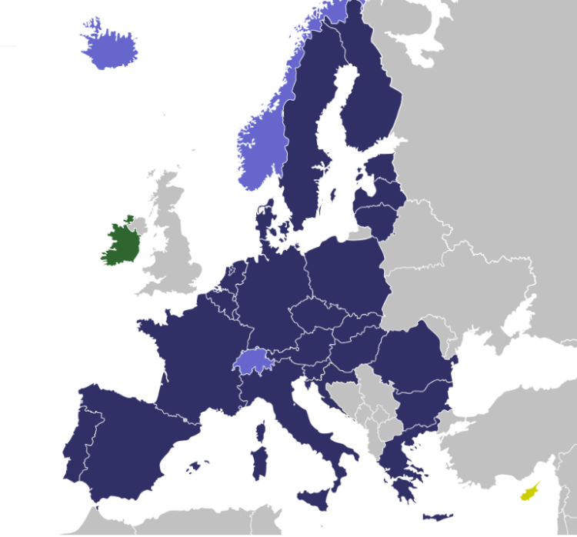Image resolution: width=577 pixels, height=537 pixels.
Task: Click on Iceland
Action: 109,50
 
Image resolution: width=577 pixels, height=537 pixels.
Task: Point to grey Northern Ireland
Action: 138,225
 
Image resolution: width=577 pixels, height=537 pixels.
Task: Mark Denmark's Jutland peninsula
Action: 266,223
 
